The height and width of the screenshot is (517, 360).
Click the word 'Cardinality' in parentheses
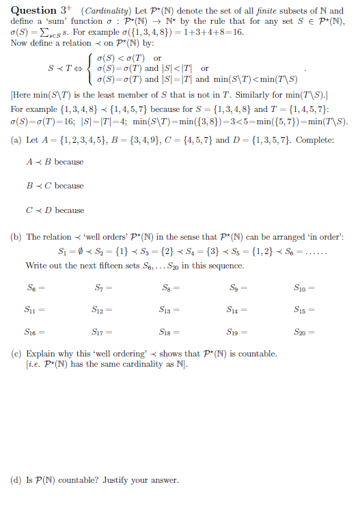tap(102, 11)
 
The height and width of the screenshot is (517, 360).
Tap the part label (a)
tap(17, 139)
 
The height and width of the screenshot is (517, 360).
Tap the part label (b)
tap(17, 237)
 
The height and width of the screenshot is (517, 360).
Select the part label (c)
tap(17, 354)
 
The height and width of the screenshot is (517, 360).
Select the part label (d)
tap(17, 480)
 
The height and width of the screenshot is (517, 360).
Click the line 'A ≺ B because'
tap(55, 162)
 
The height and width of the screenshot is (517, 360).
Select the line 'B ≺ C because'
tap(55, 186)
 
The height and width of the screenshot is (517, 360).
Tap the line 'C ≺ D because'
tap(55, 210)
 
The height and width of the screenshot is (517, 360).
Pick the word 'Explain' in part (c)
tap(40, 354)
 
